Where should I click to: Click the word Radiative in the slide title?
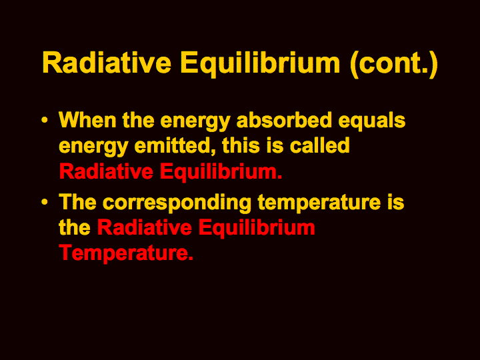pos(107,63)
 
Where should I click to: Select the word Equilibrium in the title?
pos(260,64)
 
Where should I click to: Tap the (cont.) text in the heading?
pos(394,64)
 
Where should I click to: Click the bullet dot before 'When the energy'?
pos(45,120)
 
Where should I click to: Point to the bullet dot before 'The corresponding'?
pos(45,202)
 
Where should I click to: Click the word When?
pos(87,119)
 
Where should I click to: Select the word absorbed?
pos(285,119)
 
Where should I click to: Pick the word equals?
pos(372,121)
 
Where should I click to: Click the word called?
pos(320,145)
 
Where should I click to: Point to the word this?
pos(241,145)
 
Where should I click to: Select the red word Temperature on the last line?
pos(126,253)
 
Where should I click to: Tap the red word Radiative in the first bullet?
pos(106,171)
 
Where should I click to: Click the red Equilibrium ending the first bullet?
pos(221,173)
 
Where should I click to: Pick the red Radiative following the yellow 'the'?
pos(145,227)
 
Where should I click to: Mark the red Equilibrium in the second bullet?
pos(257,229)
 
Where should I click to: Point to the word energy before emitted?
pos(93,147)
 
